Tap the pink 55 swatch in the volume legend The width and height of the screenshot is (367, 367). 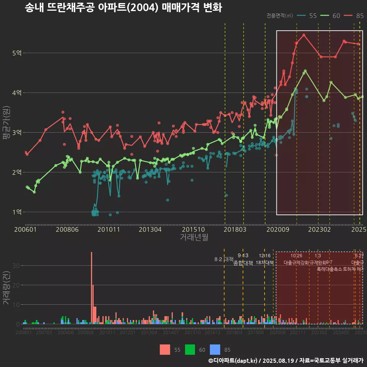pyautogui.click(x=165, y=349)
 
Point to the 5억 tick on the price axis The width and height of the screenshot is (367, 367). pyautogui.click(x=16, y=53)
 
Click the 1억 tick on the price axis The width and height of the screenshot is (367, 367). pyautogui.click(x=16, y=212)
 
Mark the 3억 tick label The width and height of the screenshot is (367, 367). pyautogui.click(x=16, y=132)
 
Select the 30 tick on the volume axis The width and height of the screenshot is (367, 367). pyautogui.click(x=17, y=265)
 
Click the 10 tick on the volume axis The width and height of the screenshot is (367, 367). pyautogui.click(x=17, y=305)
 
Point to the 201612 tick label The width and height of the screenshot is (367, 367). pyautogui.click(x=213, y=333)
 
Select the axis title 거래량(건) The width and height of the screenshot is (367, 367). pyautogui.click(x=6, y=288)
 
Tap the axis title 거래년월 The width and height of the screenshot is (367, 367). pyautogui.click(x=194, y=237)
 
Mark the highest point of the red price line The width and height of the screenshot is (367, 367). pyautogui.click(x=304, y=35)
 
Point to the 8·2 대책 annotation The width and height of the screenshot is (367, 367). pyautogui.click(x=224, y=259)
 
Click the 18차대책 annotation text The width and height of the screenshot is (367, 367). pyautogui.click(x=265, y=263)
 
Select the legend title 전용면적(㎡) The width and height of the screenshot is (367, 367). pyautogui.click(x=279, y=16)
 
